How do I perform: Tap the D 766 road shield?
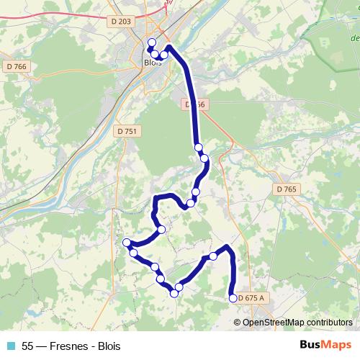[x=19, y=67]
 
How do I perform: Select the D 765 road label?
[x=286, y=189]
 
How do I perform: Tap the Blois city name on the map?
[x=152, y=63]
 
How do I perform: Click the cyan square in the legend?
[x=10, y=346]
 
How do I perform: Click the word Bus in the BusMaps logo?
[x=311, y=345]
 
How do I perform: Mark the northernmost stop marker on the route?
[x=152, y=42]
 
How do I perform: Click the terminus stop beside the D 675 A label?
[x=233, y=298]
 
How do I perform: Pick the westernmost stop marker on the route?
[x=127, y=242]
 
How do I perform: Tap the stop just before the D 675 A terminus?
[x=213, y=256]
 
